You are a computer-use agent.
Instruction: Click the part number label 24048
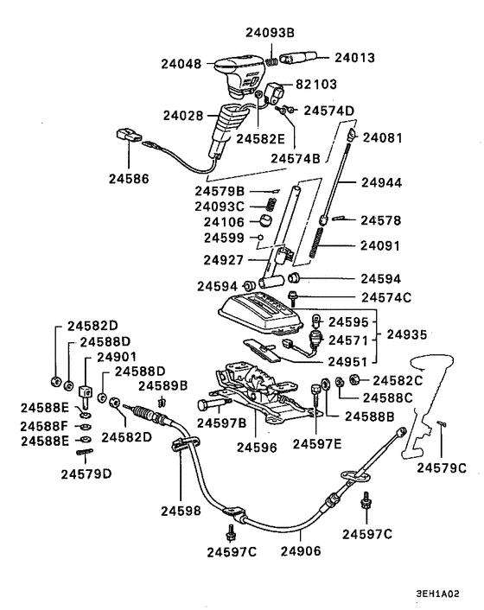[181, 63]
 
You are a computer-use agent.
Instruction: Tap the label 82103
[316, 85]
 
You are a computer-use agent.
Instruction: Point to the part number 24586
[129, 180]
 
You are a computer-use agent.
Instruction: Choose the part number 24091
[381, 245]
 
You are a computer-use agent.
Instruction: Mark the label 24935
[408, 333]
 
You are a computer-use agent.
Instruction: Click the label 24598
[181, 511]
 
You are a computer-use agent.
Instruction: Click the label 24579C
[442, 467]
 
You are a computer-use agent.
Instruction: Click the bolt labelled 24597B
[207, 404]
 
